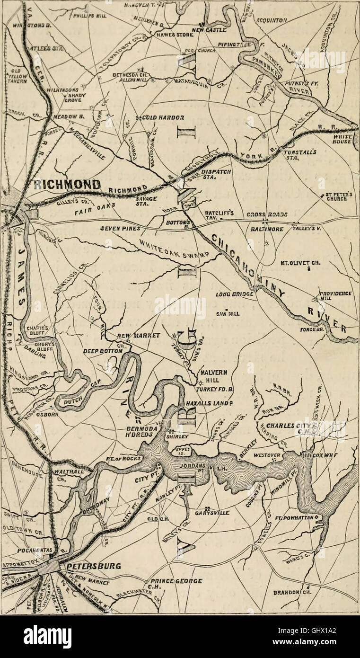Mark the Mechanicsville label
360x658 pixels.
coord(89,142)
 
